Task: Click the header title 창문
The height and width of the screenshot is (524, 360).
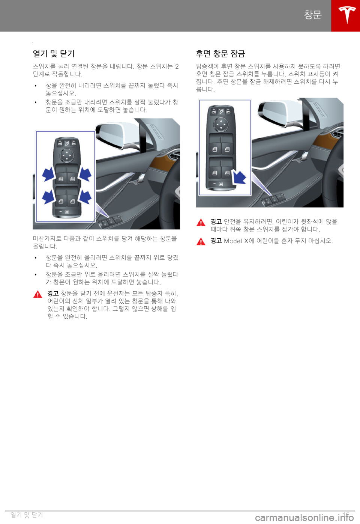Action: tap(313, 15)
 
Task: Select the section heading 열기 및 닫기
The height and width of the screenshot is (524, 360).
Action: tap(54, 54)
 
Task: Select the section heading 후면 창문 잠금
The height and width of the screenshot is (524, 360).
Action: tap(220, 54)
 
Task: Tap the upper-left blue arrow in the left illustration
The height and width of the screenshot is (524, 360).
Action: tap(48, 174)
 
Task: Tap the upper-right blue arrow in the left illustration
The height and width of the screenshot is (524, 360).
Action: tap(85, 173)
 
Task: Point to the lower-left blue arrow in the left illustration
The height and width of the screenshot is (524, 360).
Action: tap(48, 197)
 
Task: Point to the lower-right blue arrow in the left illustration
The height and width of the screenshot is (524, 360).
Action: tap(85, 197)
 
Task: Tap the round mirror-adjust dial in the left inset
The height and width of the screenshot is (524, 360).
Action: tap(67, 155)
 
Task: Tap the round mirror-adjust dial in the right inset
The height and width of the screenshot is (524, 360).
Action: tap(221, 124)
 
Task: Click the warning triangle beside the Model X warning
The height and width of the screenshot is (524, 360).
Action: tap(201, 241)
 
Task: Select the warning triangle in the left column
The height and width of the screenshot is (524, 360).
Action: tap(37, 294)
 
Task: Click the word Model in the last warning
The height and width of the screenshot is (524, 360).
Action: tap(232, 241)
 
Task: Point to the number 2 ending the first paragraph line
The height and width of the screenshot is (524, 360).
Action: tap(177, 66)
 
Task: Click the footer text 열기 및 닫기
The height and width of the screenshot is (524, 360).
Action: tap(27, 514)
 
